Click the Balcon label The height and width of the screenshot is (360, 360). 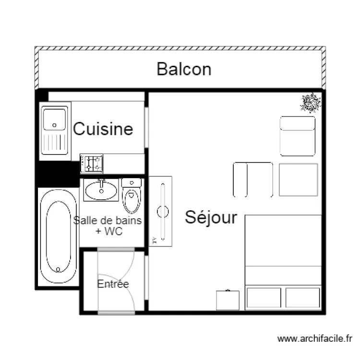pyautogui.click(x=184, y=69)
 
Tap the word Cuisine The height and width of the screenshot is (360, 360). pyautogui.click(x=103, y=129)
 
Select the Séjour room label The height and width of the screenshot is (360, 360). pyautogui.click(x=211, y=217)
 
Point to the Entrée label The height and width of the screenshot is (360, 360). pyautogui.click(x=113, y=284)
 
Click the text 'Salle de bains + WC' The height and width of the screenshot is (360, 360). pyautogui.click(x=109, y=226)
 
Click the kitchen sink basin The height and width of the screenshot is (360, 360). pyautogui.click(x=54, y=120)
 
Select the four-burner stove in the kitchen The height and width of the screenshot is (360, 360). pyautogui.click(x=92, y=163)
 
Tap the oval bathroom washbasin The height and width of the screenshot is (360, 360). pyautogui.click(x=101, y=190)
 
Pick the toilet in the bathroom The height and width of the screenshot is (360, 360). pyautogui.click(x=131, y=197)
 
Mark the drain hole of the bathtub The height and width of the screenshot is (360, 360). pyautogui.click(x=58, y=269)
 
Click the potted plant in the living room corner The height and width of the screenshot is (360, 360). pyautogui.click(x=311, y=102)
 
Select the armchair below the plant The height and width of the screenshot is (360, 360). pyautogui.click(x=298, y=136)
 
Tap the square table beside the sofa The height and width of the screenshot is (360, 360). pyautogui.click(x=298, y=180)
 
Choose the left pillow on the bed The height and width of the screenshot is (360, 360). pyautogui.click(x=264, y=298)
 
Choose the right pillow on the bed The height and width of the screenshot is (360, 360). pyautogui.click(x=302, y=298)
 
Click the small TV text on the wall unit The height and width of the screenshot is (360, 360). pyautogui.click(x=155, y=240)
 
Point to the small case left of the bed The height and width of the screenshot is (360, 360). pyautogui.click(x=228, y=300)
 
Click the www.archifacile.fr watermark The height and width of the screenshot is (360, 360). pyautogui.click(x=315, y=339)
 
